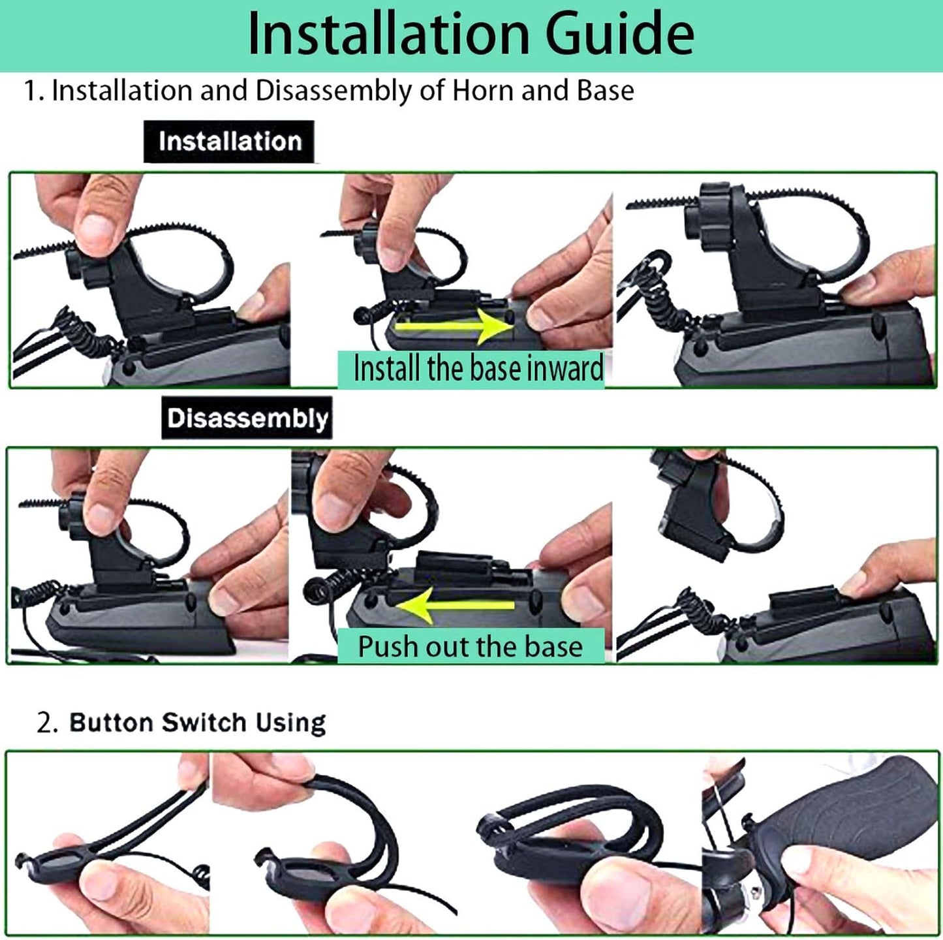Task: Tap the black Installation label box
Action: tap(229, 142)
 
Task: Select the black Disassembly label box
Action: tap(247, 418)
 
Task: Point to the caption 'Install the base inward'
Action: tap(478, 369)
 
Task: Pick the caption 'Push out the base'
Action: tap(470, 646)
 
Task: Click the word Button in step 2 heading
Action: tap(110, 723)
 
